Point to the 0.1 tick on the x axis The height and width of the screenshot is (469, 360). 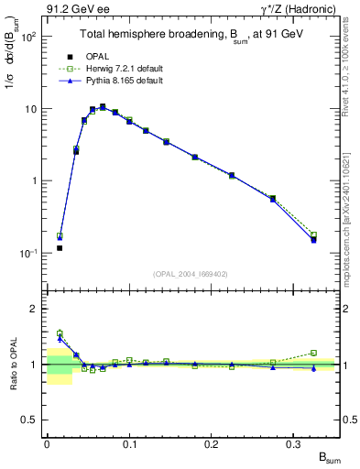pyautogui.click(x=129, y=442)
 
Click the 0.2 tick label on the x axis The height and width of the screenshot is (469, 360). pyautogui.click(x=212, y=442)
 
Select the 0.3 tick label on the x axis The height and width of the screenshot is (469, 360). pyautogui.click(x=294, y=442)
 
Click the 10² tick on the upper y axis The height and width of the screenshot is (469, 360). pyautogui.click(x=28, y=38)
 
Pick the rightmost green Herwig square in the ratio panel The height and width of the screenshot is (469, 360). pyautogui.click(x=313, y=353)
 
